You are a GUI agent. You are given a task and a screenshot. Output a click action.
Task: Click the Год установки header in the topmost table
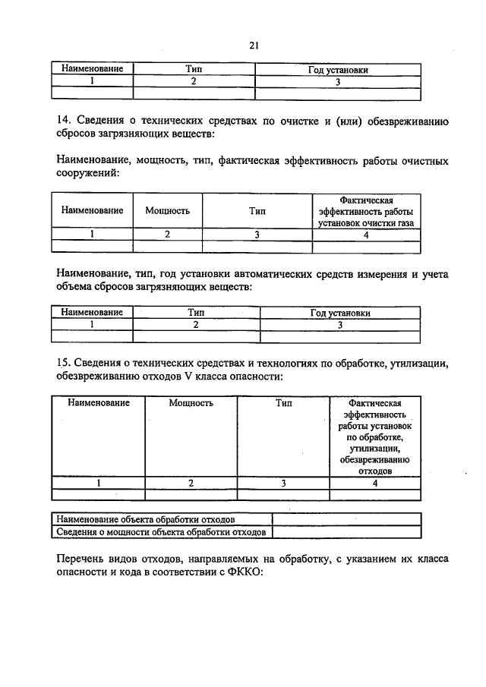(338, 69)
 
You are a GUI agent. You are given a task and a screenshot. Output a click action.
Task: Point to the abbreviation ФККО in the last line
(241, 573)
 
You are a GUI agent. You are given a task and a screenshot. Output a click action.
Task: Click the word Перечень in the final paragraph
(79, 559)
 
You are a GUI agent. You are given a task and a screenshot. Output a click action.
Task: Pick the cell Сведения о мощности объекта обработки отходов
(160, 532)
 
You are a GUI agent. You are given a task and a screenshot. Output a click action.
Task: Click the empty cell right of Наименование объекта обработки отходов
(346, 519)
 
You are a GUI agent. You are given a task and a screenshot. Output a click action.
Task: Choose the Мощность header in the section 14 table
(167, 211)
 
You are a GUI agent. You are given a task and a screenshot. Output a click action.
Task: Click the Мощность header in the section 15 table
(191, 403)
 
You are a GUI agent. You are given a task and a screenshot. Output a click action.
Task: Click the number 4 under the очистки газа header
(366, 235)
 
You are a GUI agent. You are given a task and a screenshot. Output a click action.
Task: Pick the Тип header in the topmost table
(193, 69)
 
